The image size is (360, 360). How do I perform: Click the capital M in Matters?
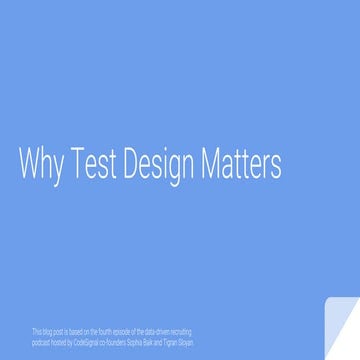click(x=218, y=164)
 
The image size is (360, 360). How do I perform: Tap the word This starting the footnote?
click(x=37, y=329)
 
